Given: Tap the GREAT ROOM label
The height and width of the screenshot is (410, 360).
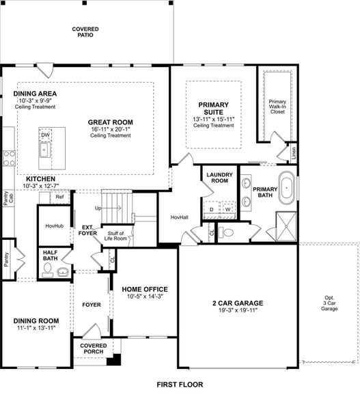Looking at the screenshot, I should (x=110, y=122).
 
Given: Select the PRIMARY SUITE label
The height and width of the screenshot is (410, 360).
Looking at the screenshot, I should (x=213, y=108).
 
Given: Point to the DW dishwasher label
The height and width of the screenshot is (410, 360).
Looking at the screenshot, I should (x=45, y=135).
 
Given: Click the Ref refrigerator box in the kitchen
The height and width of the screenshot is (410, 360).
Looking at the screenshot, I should (x=59, y=197).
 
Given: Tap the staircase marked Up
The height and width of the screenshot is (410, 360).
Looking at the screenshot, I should (x=117, y=202).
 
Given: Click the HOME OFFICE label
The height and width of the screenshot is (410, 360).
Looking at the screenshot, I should (x=145, y=289).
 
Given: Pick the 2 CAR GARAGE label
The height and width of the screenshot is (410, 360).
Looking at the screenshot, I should (x=238, y=303).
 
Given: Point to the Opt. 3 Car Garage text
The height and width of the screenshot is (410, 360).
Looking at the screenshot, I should (x=329, y=303).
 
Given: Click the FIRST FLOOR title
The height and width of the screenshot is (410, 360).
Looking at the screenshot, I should (x=180, y=385).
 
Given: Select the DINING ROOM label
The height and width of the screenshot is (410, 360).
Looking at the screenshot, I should (x=36, y=320).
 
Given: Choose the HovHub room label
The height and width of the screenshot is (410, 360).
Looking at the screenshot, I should (x=54, y=226).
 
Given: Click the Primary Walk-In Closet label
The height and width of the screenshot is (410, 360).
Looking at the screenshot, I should (x=277, y=106).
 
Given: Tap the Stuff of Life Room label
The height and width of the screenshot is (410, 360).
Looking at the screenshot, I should (x=115, y=236).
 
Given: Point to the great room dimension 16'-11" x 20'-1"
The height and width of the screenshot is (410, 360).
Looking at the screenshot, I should (x=110, y=129).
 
